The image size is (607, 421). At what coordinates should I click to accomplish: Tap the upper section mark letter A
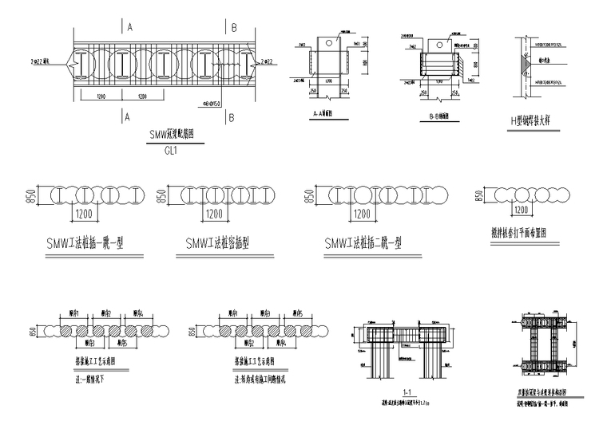click(x=127, y=27)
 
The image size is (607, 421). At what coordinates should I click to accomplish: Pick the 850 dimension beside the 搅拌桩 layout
click(x=478, y=196)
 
